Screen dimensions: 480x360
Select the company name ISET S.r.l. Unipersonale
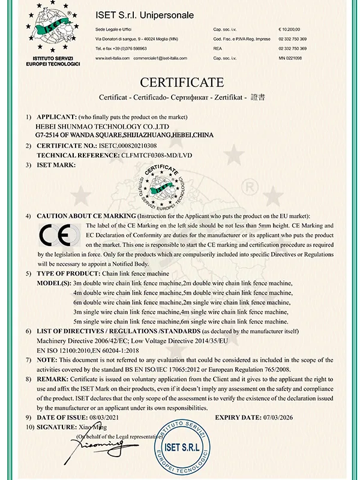(145, 14)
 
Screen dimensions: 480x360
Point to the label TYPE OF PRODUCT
(65, 272)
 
